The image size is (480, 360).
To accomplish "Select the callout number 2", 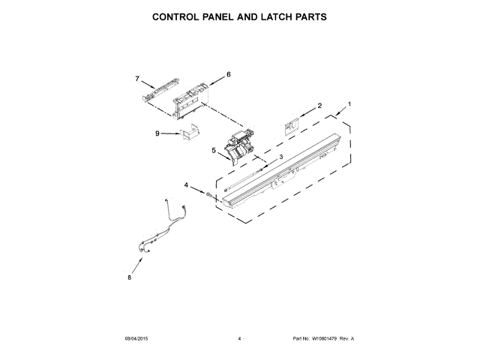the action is point(319,106).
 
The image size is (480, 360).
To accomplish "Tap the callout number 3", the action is point(280,157).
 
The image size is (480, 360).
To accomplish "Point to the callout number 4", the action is point(186,184).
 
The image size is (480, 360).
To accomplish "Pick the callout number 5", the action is point(214,150).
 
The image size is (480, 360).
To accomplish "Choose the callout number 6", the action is point(229,74).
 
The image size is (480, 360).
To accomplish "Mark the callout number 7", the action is point(137,79).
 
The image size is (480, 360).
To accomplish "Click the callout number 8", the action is point(129,277).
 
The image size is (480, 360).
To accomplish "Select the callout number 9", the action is point(157,133).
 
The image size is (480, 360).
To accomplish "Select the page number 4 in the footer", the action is point(239,339).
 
